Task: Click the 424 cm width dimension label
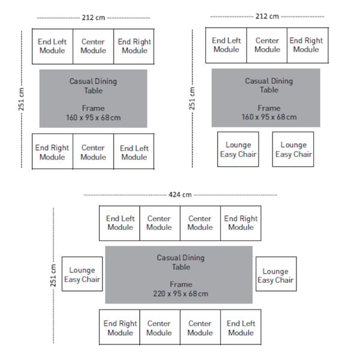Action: (180, 194)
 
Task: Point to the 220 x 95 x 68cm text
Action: (181, 293)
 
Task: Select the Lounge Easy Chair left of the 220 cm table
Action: (82, 274)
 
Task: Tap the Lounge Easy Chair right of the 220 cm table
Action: (276, 274)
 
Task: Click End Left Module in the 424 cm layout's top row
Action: (119, 223)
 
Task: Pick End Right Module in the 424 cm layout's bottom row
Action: (119, 327)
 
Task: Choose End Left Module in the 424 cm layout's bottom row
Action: (241, 327)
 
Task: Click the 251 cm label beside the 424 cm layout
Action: (53, 275)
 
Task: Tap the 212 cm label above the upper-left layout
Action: (94, 17)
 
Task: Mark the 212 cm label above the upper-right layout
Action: (267, 16)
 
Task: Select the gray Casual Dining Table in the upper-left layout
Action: (93, 98)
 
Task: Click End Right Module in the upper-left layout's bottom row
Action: (52, 151)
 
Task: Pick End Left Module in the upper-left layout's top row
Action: (52, 46)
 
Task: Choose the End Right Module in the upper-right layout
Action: (308, 45)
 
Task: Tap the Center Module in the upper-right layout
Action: (267, 45)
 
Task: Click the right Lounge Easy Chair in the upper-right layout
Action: (293, 149)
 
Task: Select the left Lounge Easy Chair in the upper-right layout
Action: (238, 149)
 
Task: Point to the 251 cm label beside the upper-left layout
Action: (21, 99)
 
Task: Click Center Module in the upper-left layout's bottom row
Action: (93, 151)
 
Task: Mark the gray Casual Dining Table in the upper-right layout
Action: (266, 98)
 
